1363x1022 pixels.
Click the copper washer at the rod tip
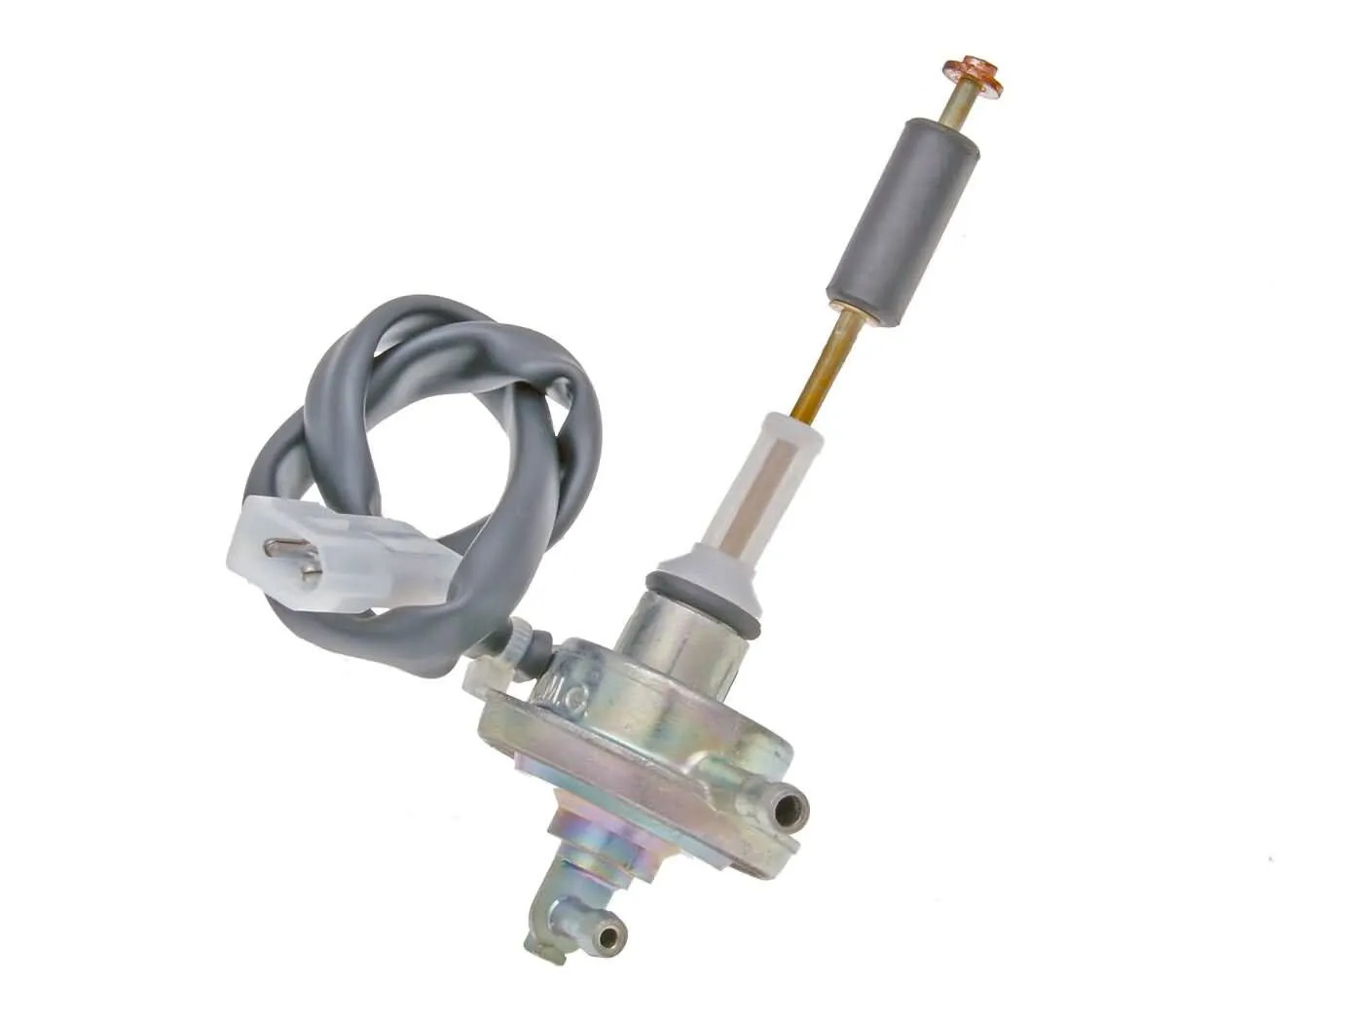[972, 77]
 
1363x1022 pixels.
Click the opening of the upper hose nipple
[795, 807]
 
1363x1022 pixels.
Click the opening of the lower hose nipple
[608, 937]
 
